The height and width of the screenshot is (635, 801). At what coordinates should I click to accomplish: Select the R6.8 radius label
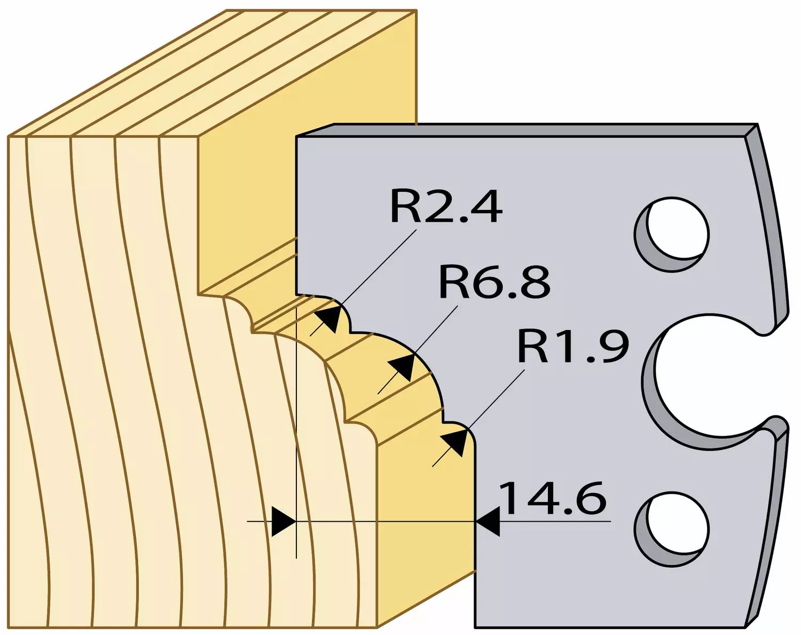[494, 283]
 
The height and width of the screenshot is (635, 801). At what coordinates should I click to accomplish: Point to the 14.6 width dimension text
[554, 498]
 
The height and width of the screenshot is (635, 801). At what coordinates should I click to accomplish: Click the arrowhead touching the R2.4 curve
[330, 317]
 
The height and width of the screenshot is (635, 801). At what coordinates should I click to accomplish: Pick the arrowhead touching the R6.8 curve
[403, 367]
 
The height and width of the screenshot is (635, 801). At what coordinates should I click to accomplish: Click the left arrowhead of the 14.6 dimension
[284, 521]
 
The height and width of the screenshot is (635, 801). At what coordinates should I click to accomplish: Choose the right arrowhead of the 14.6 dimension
[488, 521]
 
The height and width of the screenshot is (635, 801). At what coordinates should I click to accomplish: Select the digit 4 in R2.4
[486, 207]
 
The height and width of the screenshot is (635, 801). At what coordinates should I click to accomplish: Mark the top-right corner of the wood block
[416, 11]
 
